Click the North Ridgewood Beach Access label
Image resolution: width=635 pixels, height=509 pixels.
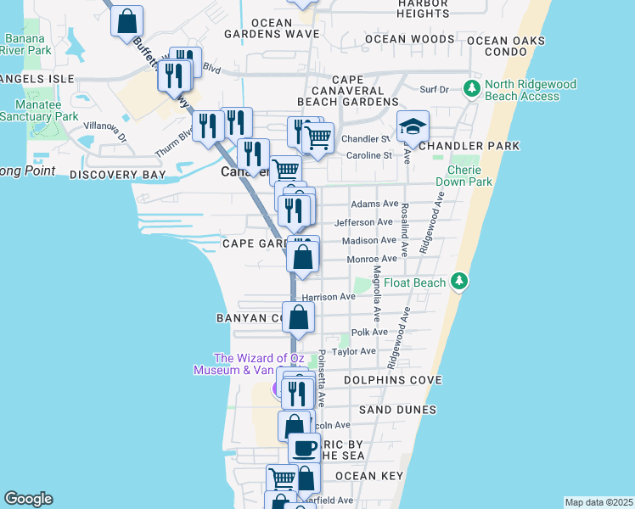531,90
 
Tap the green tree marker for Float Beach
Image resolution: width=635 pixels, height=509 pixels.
459,281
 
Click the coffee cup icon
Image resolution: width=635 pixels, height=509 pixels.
304,449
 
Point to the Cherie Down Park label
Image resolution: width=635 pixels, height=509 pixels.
464,176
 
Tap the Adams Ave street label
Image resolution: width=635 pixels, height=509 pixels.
374,204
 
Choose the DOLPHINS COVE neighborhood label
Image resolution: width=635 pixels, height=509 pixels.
393,381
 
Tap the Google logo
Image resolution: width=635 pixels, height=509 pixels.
28,499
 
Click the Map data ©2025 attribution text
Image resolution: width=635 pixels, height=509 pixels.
598,502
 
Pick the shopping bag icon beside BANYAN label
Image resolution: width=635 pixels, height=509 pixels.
299,318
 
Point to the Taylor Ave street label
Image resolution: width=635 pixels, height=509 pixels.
353,351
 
